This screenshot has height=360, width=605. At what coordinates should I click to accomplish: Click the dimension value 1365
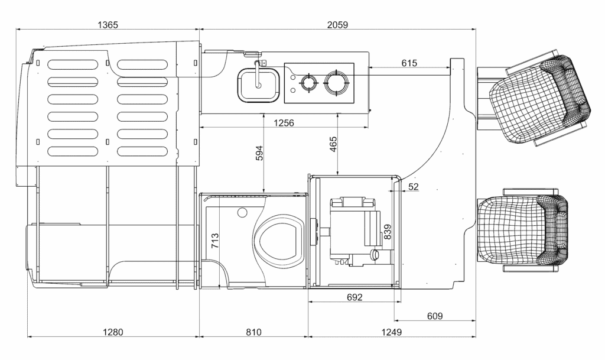pos(108,25)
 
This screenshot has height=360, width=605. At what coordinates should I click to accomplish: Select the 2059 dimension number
pos(337,25)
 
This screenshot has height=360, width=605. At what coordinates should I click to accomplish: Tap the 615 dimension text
pos(409,63)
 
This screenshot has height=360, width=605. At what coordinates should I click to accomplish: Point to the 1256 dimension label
pos(284,123)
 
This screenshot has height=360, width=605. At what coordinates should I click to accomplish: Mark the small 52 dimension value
pos(414,187)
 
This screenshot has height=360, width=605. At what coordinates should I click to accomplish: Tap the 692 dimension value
pos(354,297)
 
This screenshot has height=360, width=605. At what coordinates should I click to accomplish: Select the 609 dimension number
pos(435,316)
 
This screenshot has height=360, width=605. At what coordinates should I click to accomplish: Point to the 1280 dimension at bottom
pos(113,332)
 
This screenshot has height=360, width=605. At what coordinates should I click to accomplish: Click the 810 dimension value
pos(253,332)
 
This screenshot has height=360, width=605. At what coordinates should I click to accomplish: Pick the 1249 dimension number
pos(391,332)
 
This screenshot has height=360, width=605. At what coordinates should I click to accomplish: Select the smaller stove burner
pos(308,83)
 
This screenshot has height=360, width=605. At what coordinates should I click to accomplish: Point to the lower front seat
pos(523,231)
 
